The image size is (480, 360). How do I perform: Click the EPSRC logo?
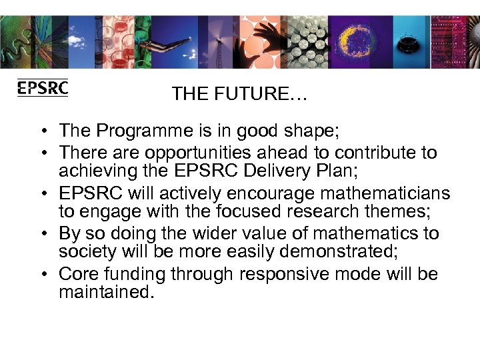(43, 88)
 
